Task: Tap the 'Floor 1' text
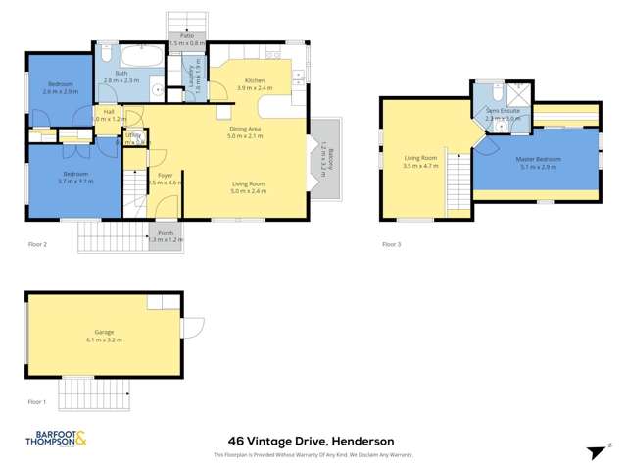tap(36, 401)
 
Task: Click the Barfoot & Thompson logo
tap(56, 440)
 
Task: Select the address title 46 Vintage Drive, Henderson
tap(313, 441)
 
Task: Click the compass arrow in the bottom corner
tap(592, 450)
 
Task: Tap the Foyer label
tap(165, 178)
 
